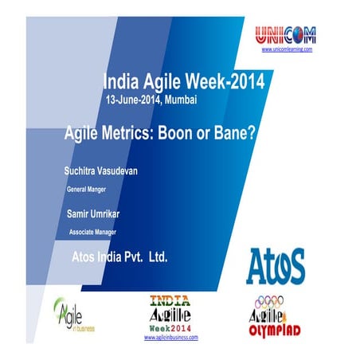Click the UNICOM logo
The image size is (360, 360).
tap(286, 34)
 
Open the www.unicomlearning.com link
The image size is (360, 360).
tap(287, 49)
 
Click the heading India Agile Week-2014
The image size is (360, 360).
tap(184, 80)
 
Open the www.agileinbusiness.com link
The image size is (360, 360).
tap(170, 338)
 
